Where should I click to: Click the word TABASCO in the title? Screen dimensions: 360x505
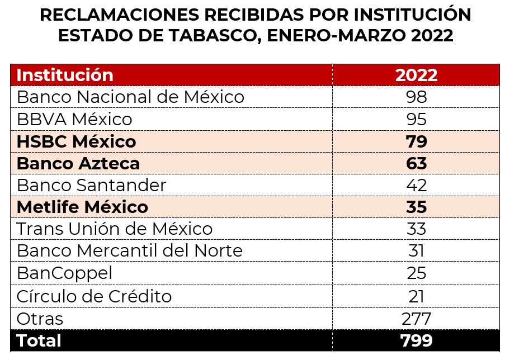pos(204,35)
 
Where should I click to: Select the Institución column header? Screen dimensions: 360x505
pos(65,75)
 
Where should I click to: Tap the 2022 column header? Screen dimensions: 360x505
pos(416,75)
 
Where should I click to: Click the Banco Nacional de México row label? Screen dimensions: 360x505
pos(130,97)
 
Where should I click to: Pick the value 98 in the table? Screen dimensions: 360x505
pos(416,97)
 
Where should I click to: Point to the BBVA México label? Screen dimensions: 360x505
pos(74,119)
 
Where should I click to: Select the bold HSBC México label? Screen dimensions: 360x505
pos(76,141)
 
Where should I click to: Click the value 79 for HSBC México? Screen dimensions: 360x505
pos(416,141)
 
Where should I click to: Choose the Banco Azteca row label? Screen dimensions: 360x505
pos(78,163)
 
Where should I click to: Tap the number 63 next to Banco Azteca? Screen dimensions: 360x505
pos(416,163)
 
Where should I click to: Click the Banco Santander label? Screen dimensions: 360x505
pos(92,185)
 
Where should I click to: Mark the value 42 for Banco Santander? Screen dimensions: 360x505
pos(416,185)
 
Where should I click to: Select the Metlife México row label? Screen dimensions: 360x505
pos(82,207)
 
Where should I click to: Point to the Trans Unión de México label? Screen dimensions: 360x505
pos(115,229)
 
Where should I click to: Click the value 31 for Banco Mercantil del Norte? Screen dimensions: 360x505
pos(416,251)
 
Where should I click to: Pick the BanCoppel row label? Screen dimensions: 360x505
pos(65,273)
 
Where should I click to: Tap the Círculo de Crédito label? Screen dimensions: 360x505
pos(94,296)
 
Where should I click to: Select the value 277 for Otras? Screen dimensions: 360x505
pos(416,319)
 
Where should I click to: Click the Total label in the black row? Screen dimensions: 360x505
pos(39,340)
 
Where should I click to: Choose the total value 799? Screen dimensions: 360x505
pos(416,340)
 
